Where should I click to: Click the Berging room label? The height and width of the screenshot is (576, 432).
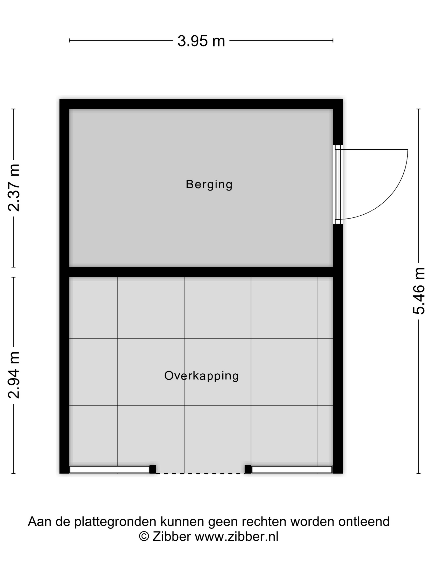209,185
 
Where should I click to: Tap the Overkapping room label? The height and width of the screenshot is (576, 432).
201,376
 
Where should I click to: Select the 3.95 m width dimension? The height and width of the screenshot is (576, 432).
201,41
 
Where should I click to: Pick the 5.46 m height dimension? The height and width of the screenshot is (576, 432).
418,291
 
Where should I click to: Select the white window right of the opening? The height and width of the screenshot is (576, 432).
292,469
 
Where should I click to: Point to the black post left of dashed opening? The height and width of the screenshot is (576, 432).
153,469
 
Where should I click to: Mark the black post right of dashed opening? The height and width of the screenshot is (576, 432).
248,469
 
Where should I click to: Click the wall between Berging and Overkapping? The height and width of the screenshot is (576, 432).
201,272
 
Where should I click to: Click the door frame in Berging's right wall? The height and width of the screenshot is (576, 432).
338,184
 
